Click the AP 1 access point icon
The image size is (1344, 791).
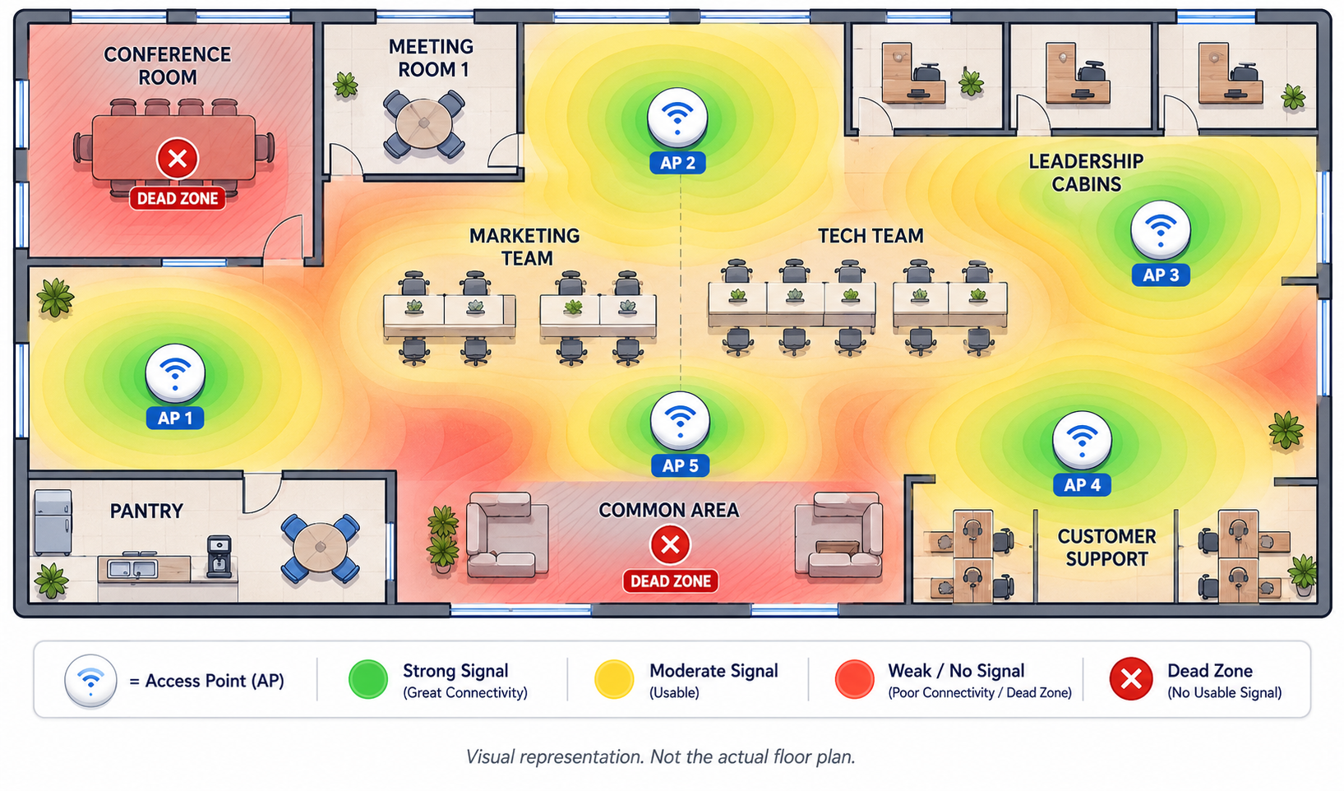[x=175, y=373]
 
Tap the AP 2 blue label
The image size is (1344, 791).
[x=677, y=163]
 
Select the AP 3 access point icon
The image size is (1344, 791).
[x=1161, y=230]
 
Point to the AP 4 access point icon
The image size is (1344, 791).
[x=1082, y=441]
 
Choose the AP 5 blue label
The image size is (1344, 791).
[x=680, y=465]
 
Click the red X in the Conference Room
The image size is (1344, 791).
[x=177, y=159]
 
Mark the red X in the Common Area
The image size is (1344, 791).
[x=670, y=545]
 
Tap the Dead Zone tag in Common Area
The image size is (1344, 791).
[x=670, y=581]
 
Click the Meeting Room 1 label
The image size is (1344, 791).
[x=431, y=58]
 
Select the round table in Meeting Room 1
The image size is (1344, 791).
[x=423, y=124]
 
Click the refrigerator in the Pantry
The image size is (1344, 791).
[x=53, y=522]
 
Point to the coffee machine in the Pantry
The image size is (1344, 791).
[x=219, y=556]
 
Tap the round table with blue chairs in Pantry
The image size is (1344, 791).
[x=321, y=548]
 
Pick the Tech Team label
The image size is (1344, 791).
[x=871, y=236]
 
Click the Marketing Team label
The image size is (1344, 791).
[x=524, y=247]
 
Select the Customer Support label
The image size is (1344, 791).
[x=1106, y=548]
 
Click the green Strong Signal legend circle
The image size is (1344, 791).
[x=367, y=679]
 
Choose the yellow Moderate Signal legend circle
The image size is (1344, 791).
[x=614, y=679]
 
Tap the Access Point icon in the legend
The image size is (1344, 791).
[x=90, y=681]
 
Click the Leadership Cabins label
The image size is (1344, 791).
[x=1086, y=173]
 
